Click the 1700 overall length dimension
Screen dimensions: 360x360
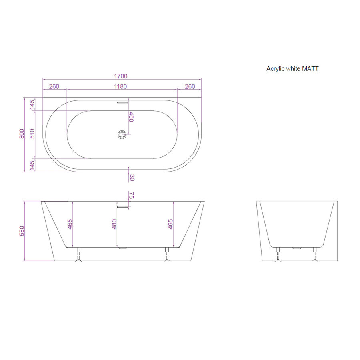121,76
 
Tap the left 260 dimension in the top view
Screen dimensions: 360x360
54,86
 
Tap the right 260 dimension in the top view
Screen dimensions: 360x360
189,86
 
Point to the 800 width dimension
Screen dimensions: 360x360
22,134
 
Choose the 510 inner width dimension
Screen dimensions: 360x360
32,134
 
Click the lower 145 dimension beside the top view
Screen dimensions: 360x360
32,164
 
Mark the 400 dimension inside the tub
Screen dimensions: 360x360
131,117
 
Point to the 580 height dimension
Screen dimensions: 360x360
22,231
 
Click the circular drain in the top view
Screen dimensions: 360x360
122,134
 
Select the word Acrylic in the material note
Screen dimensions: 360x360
275,69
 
